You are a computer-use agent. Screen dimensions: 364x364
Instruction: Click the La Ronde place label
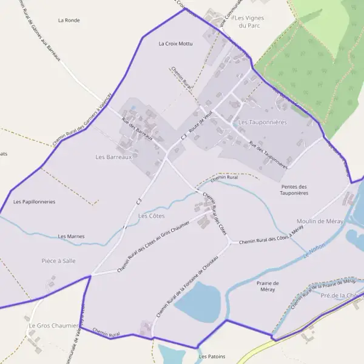click(x=69, y=20)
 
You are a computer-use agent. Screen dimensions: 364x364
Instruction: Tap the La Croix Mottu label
click(x=175, y=44)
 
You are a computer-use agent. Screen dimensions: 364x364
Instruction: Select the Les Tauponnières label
click(x=262, y=122)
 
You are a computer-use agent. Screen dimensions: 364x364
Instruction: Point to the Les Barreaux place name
click(x=113, y=157)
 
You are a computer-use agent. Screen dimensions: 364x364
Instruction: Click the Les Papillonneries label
click(x=34, y=201)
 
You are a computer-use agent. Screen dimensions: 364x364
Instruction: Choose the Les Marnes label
click(x=72, y=236)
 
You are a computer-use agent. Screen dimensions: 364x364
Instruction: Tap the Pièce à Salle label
click(x=58, y=260)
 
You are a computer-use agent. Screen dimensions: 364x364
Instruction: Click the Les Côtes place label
click(x=152, y=215)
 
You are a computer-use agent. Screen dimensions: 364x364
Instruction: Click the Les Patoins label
click(x=211, y=357)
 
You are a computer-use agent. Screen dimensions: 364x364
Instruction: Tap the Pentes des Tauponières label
click(x=294, y=190)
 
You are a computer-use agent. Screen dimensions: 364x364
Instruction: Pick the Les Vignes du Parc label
click(x=249, y=22)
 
